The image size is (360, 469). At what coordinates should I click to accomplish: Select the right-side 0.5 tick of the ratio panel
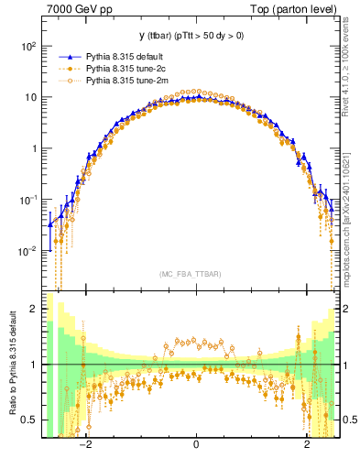(x=349, y=420)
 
